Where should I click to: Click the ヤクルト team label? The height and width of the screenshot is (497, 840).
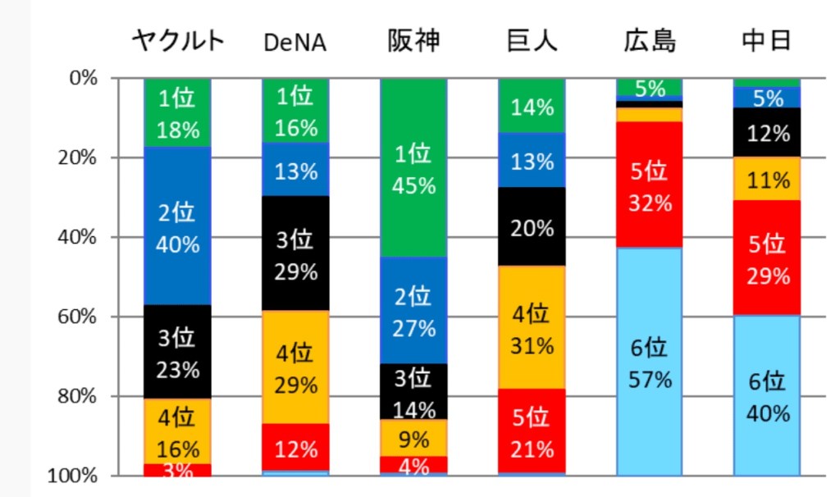[179, 41]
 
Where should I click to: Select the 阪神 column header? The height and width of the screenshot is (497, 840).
[413, 41]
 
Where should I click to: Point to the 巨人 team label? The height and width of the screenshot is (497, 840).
[532, 41]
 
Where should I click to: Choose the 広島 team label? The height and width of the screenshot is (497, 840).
[650, 41]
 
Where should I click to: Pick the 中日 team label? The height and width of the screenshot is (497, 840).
[767, 41]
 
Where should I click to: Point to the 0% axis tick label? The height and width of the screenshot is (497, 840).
[84, 79]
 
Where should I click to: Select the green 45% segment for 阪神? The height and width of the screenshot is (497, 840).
[413, 168]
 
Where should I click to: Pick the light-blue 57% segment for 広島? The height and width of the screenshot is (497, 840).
[650, 361]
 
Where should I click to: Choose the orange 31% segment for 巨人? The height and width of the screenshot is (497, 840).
[532, 328]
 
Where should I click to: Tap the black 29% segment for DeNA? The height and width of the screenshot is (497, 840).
[295, 253]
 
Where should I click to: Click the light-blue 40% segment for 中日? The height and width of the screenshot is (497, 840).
[767, 395]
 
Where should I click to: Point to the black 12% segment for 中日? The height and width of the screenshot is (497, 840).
[767, 132]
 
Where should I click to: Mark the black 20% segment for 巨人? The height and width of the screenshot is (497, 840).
[532, 227]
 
